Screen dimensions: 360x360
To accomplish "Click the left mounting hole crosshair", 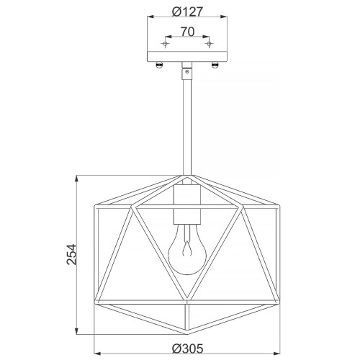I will [x=165, y=45].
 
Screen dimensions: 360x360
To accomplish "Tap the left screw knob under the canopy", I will [x=160, y=67].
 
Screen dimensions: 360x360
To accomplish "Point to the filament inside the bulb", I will [x=186, y=252].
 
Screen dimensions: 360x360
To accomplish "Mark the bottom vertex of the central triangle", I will [x=186, y=301].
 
